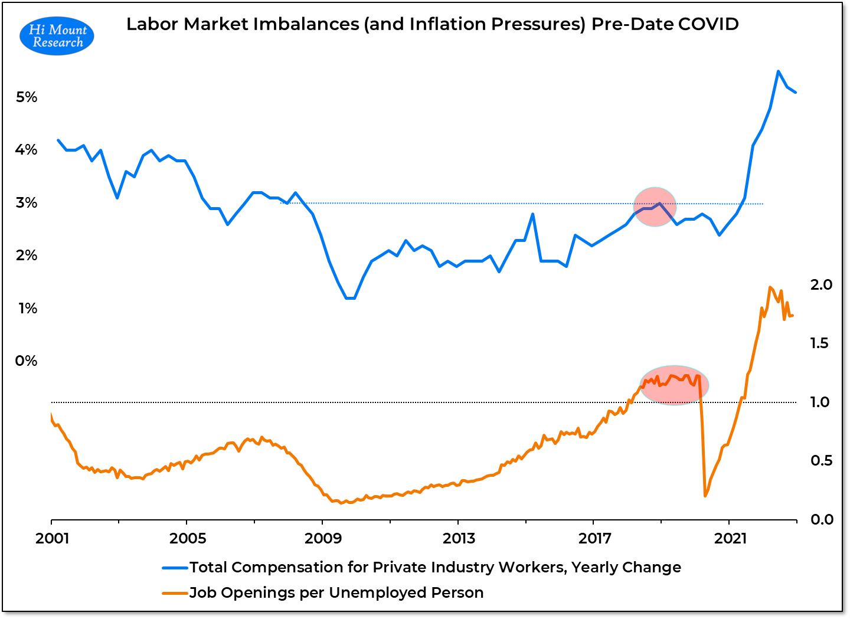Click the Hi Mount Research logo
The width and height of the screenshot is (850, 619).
[x=57, y=36]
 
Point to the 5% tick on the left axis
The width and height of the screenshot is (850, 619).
[x=27, y=97]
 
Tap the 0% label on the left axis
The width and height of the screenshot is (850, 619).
[x=27, y=361]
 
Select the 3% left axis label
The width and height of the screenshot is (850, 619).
[x=27, y=203]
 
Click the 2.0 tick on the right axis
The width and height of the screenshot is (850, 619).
[x=821, y=285]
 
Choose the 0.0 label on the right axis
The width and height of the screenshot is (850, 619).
[x=821, y=520]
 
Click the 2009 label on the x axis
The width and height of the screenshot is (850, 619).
[x=323, y=538]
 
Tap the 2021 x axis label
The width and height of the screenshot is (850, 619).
[x=730, y=538]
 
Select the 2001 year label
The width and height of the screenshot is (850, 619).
[x=52, y=538]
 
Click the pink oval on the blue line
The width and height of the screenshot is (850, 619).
[x=655, y=207]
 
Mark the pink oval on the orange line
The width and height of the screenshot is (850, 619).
[x=674, y=385]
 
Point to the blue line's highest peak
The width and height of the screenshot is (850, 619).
[x=778, y=71]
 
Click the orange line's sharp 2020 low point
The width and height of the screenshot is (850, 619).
[x=705, y=496]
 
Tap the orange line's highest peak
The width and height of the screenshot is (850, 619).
[x=770, y=287]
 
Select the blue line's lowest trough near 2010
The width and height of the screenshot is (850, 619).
[x=350, y=298]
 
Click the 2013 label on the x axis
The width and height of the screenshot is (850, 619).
[x=459, y=538]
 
